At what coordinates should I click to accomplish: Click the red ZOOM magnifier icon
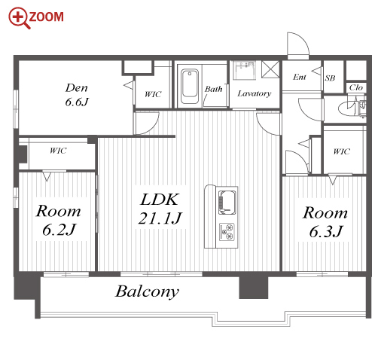point(20,18)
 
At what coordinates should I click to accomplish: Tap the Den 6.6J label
point(77,95)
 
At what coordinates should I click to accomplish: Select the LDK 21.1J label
point(160,209)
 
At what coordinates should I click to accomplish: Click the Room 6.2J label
point(59,220)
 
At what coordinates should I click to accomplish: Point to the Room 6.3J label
point(325,222)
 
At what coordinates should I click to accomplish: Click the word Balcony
point(147,292)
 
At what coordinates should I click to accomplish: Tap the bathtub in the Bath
point(190,86)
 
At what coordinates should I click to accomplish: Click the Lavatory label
point(255,93)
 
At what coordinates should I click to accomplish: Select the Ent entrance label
point(300,77)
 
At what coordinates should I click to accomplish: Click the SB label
point(330,78)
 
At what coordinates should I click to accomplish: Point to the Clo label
point(356,87)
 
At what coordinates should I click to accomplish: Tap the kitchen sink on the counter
point(227,203)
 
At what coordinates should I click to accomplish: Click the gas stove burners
point(227,232)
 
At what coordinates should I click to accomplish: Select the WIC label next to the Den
point(153,94)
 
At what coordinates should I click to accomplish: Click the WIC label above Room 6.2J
point(58,151)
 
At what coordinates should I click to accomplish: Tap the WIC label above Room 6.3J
point(341,151)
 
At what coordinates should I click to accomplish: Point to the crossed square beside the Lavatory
point(270,69)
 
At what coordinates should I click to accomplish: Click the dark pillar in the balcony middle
point(254,288)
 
